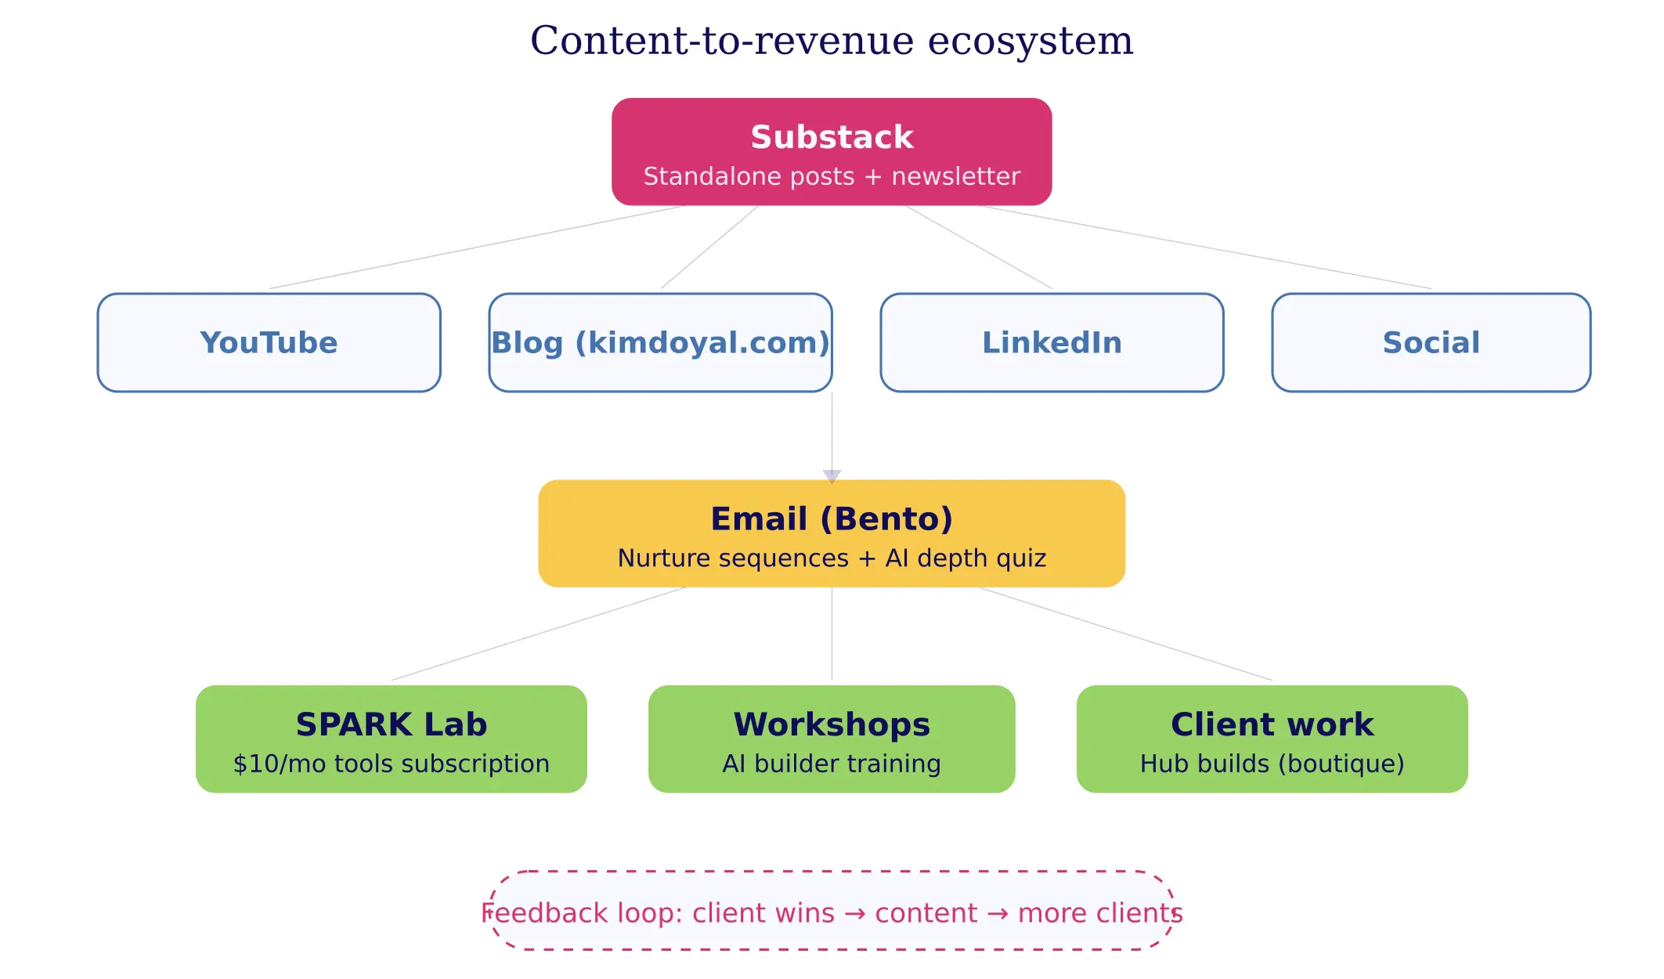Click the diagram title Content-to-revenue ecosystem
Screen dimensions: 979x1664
tap(832, 41)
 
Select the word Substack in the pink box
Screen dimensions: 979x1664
tap(832, 137)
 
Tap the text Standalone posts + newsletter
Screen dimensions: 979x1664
tap(832, 176)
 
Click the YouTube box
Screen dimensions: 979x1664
tap(269, 342)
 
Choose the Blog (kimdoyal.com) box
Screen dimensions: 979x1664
tap(660, 342)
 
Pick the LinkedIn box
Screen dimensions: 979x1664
tap(1052, 342)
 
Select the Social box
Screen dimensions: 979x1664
tap(1431, 342)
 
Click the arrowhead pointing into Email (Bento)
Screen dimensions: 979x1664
tap(832, 475)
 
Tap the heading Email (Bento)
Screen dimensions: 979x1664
tap(832, 518)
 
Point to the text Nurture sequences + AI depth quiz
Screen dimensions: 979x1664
tap(832, 558)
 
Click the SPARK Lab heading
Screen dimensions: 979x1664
tap(391, 724)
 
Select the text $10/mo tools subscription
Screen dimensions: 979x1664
tap(391, 764)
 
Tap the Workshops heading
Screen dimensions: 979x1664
tap(832, 724)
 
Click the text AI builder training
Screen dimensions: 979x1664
tap(832, 764)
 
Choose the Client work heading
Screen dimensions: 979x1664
tap(1272, 724)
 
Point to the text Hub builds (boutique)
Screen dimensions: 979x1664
tap(1272, 764)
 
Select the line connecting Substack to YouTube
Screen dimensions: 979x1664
tap(477, 247)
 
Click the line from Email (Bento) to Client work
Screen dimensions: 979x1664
tap(1125, 634)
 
